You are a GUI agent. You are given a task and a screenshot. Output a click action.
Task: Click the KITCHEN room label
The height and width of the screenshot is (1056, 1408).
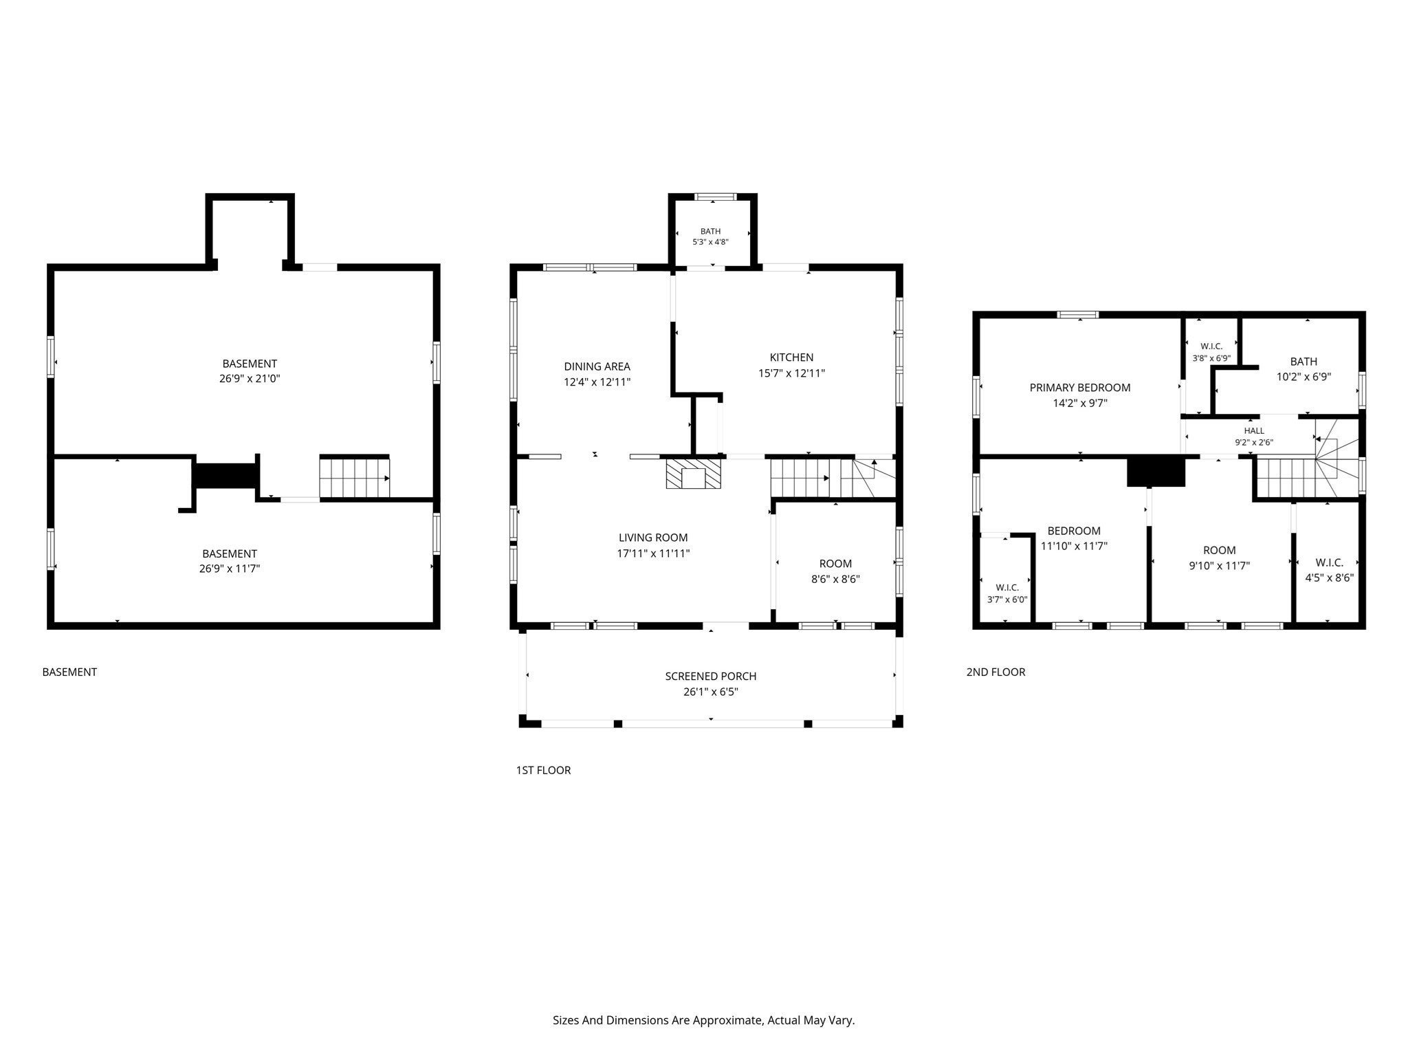791,357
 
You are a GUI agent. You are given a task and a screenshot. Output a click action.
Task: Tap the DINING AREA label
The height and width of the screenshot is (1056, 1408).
597,366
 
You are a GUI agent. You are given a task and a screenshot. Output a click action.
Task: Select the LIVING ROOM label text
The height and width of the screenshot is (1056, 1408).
653,538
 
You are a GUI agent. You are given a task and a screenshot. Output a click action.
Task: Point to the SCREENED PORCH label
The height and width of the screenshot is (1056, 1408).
711,676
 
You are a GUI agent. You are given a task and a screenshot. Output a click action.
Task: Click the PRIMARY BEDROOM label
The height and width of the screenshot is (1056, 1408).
1080,388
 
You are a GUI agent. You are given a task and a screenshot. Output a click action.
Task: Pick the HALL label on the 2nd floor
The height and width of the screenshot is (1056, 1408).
1254,431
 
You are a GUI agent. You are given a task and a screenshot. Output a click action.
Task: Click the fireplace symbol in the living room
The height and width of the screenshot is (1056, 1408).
693,474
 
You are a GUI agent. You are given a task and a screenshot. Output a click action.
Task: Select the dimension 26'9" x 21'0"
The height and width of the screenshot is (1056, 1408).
250,379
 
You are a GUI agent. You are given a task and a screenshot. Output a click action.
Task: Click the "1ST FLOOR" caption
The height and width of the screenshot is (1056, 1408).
543,770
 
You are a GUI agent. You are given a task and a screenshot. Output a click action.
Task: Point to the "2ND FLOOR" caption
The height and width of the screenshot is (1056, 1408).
995,672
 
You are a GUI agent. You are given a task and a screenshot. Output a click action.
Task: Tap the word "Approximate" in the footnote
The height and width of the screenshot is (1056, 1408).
729,1021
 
